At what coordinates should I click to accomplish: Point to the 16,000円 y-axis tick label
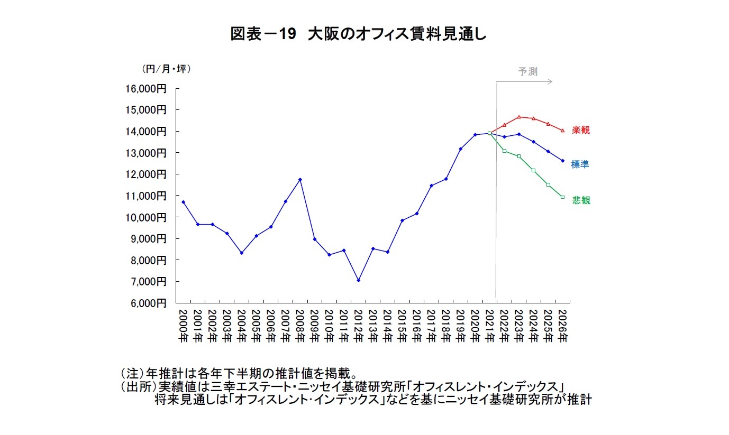(x=145, y=89)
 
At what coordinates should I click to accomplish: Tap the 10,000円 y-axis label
(x=145, y=217)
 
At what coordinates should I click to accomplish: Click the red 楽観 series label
(x=581, y=130)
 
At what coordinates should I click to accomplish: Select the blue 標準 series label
(x=580, y=164)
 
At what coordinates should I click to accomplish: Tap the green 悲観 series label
(x=581, y=200)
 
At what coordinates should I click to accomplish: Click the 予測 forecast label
(x=527, y=72)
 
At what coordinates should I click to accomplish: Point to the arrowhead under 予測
(x=550, y=81)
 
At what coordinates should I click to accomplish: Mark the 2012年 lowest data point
(x=359, y=280)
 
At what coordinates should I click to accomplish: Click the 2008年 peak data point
(x=300, y=180)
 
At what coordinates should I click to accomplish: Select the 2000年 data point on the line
(x=183, y=202)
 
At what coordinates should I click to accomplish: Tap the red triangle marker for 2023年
(x=519, y=117)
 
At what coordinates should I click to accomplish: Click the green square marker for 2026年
(x=562, y=197)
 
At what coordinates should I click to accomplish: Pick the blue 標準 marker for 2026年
(x=562, y=161)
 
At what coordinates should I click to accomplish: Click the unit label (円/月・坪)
(x=166, y=69)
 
